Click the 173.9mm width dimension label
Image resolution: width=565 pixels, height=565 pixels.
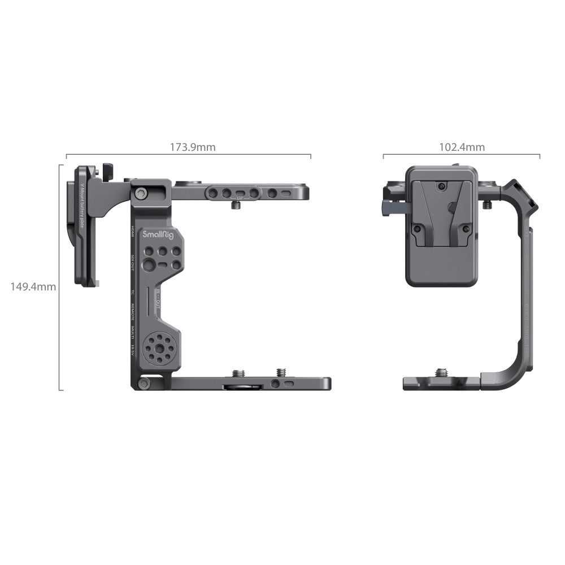tap(193, 147)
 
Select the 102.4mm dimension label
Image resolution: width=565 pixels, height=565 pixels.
tap(462, 147)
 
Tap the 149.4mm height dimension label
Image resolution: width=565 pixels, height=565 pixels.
tap(33, 286)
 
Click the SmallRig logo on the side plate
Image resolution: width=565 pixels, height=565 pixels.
tap(158, 234)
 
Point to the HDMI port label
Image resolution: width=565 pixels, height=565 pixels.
tap(132, 230)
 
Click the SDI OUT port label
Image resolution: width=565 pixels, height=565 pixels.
tap(132, 262)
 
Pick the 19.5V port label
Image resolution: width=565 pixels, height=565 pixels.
tap(132, 350)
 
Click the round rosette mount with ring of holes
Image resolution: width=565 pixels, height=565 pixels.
tap(158, 348)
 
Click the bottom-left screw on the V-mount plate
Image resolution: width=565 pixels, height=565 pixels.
tap(416, 229)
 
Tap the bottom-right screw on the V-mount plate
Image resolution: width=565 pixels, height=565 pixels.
tap(466, 229)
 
